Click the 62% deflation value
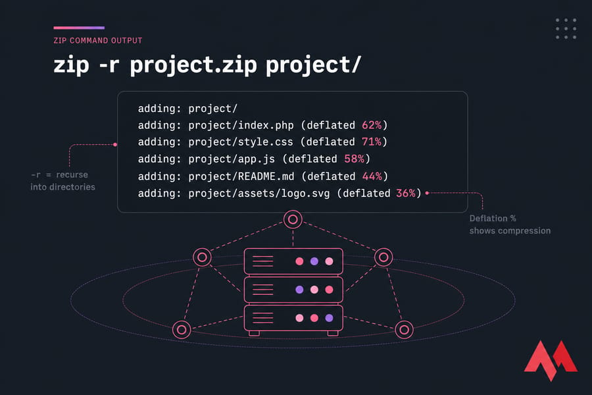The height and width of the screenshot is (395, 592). tap(372, 125)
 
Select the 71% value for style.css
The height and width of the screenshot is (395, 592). tap(372, 142)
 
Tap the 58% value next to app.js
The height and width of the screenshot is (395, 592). tap(354, 159)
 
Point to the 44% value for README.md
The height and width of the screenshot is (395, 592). tap(372, 176)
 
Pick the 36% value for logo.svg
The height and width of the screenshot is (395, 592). tap(406, 193)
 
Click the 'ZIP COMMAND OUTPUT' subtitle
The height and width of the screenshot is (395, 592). tap(98, 40)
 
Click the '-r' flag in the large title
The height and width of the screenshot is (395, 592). tap(109, 65)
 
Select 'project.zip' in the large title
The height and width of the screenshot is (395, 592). tap(193, 66)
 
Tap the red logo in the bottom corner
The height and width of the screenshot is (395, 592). tap(551, 360)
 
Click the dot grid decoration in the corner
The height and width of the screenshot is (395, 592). tap(566, 29)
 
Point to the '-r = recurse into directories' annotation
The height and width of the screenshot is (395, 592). tap(62, 180)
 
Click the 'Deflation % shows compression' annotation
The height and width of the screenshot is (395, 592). tap(510, 224)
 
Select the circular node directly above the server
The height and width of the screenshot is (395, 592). tap(293, 219)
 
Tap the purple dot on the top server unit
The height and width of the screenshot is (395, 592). tap(314, 261)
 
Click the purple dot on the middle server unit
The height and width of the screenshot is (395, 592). tap(299, 290)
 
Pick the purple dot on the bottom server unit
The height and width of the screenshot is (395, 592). tap(330, 318)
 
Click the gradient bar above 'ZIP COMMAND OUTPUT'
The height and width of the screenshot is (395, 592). tap(79, 28)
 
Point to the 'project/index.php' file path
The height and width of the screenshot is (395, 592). tap(241, 125)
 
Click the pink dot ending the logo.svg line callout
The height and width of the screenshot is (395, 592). tap(427, 193)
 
